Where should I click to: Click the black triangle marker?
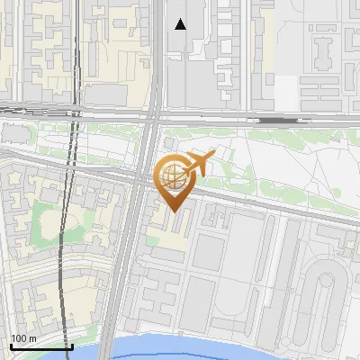pos(181,24)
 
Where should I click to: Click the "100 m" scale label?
pos(22,338)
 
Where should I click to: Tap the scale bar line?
pos(40,346)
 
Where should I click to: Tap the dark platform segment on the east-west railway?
pos(279,119)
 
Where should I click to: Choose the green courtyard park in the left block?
pos(45,225)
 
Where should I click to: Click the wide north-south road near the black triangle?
pos(158,54)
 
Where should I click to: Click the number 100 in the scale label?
pos(17,338)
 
